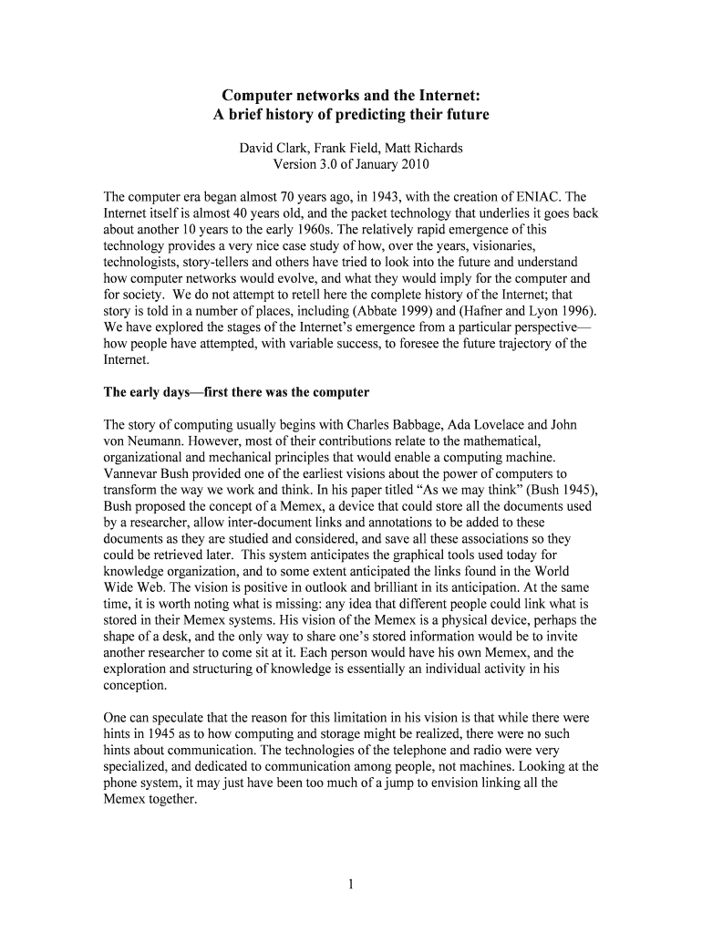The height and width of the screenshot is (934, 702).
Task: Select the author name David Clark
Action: pyautogui.click(x=273, y=148)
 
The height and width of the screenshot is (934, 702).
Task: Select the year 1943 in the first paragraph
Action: pyautogui.click(x=387, y=196)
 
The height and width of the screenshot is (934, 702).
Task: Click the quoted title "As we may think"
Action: pyautogui.click(x=446, y=491)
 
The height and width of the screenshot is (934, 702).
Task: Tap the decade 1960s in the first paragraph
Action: pyautogui.click(x=302, y=229)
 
